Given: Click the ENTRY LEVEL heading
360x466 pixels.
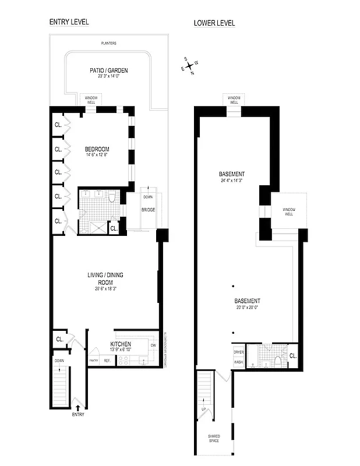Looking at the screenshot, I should [x=69, y=23].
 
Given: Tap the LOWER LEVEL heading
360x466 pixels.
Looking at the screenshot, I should [x=214, y=23].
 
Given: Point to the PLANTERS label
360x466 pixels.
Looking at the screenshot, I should [x=108, y=43].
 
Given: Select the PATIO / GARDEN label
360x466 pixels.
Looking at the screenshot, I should [x=108, y=70].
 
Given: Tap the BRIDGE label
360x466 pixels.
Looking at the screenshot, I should [x=147, y=209].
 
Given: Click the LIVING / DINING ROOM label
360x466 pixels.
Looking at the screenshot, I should [x=105, y=277].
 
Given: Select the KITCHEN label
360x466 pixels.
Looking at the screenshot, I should [x=121, y=344].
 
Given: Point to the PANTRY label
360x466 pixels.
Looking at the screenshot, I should [x=93, y=361].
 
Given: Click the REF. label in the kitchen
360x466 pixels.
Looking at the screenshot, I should [x=107, y=361].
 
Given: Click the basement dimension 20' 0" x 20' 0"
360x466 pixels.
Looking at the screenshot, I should [x=247, y=308].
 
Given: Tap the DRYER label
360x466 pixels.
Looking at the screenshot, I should [x=238, y=352].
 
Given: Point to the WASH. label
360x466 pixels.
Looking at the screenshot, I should [x=238, y=362].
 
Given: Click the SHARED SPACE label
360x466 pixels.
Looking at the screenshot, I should [x=214, y=439].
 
